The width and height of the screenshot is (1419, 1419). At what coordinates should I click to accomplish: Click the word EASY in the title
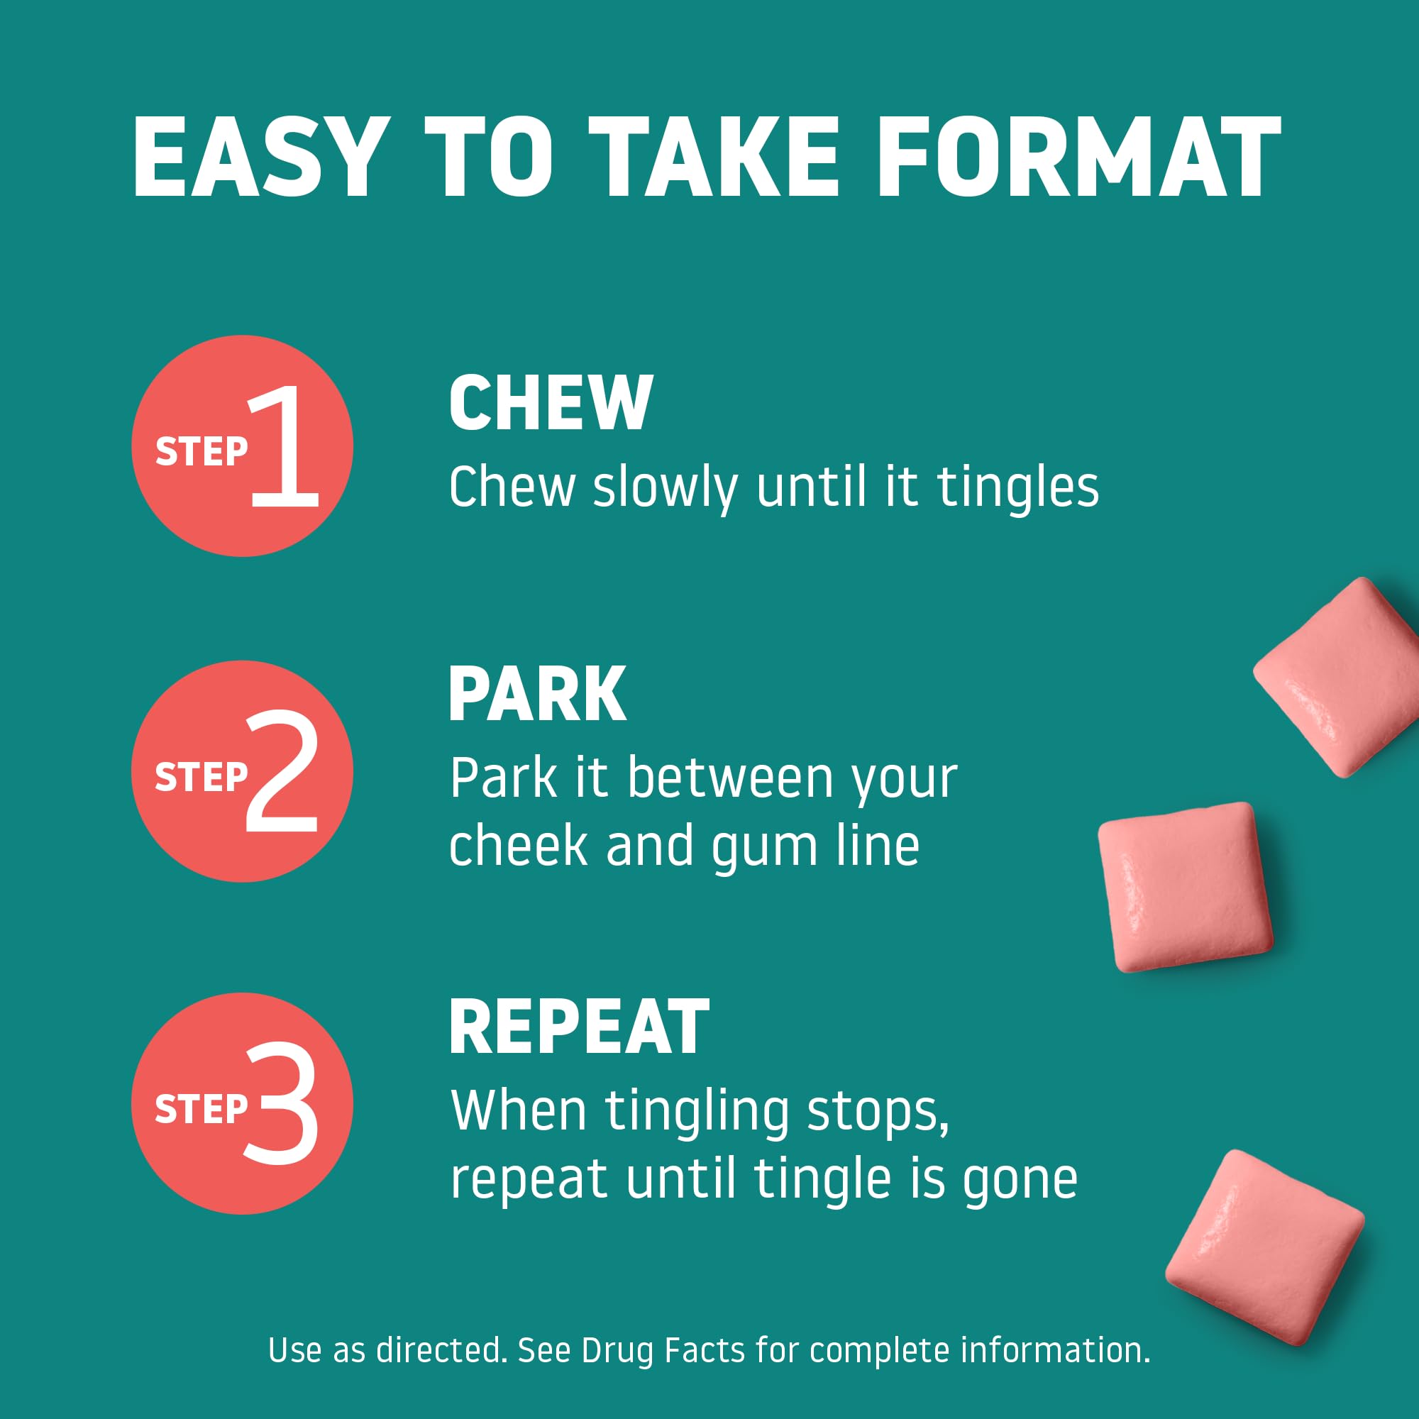pos(260,158)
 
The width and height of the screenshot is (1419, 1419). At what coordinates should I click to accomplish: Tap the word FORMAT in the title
pos(1079,158)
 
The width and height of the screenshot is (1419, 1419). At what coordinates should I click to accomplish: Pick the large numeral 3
pos(280,1103)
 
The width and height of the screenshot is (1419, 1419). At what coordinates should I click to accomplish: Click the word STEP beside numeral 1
pos(201,451)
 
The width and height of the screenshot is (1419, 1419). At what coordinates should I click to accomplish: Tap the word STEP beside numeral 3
pos(201,1108)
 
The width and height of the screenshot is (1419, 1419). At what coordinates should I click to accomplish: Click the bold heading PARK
pos(537,694)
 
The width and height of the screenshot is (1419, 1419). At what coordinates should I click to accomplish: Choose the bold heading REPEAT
pos(579,1027)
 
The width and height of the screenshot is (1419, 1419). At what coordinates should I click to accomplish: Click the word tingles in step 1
pos(1018,488)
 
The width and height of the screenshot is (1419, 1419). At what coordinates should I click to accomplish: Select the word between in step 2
pos(730,778)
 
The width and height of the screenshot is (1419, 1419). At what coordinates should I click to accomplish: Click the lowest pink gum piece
pos(1265,1247)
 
